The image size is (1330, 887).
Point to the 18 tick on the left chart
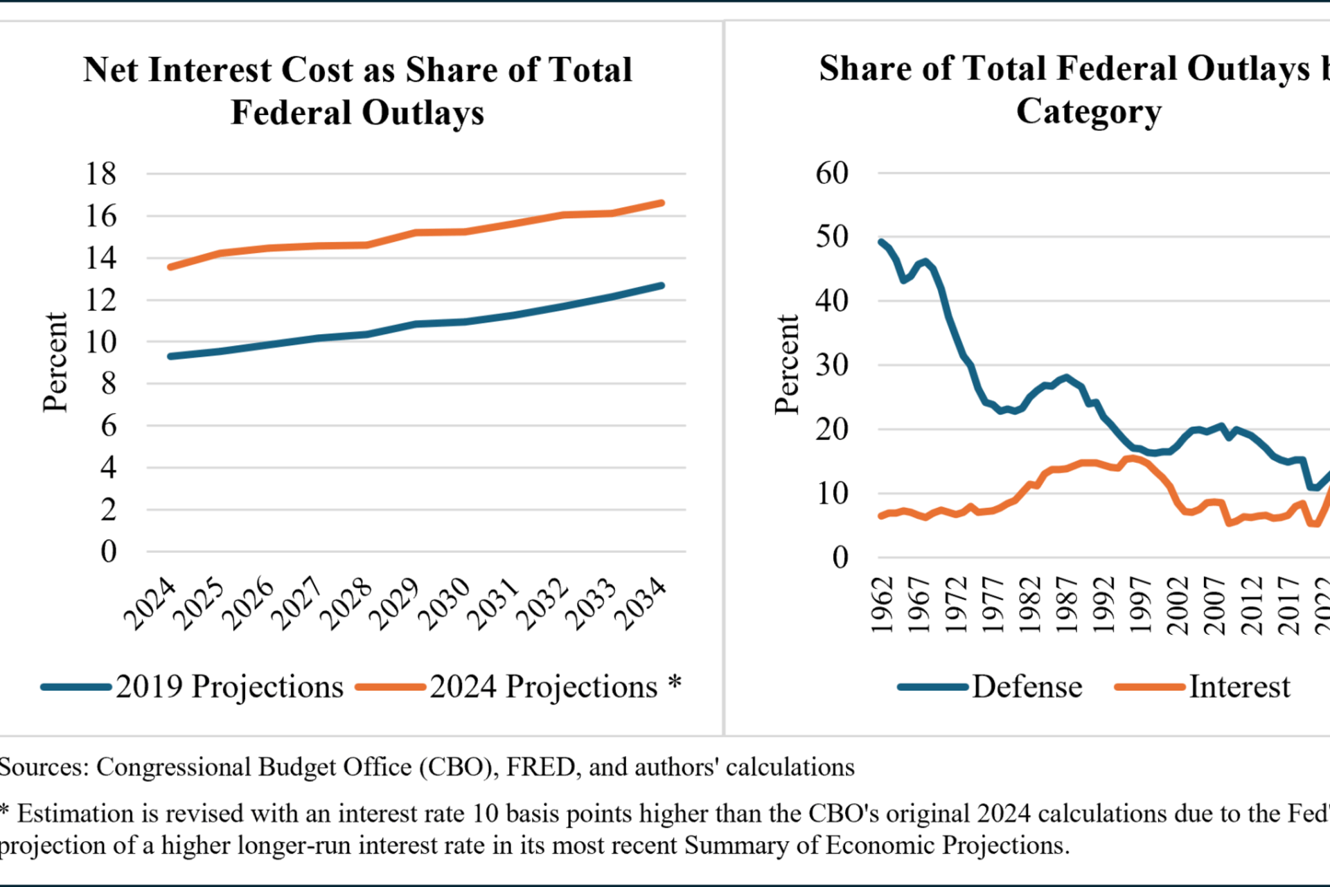[x=101, y=173]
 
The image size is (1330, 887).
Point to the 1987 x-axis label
[x=1067, y=604]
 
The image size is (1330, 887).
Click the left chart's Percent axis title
[x=55, y=362]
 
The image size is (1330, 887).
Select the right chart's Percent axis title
[x=788, y=364]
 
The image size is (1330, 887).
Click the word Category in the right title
[x=1088, y=111]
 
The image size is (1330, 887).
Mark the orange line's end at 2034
[x=662, y=203]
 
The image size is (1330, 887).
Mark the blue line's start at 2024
[x=171, y=356]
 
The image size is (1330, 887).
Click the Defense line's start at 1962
[x=881, y=242]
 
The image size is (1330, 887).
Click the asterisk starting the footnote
[x=4, y=811]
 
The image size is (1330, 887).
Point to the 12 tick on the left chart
[x=101, y=300]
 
